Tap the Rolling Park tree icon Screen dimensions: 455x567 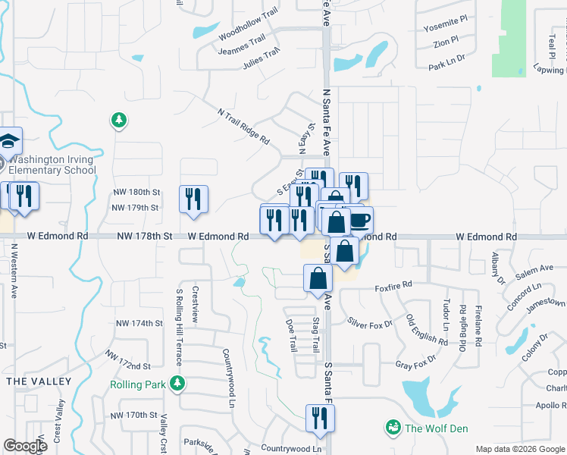click(178, 384)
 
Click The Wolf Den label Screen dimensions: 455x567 click(436, 428)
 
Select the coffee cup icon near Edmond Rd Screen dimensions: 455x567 click(360, 220)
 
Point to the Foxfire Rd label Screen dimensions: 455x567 click(393, 285)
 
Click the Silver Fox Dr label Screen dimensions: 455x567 click(370, 323)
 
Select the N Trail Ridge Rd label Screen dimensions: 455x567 click(243, 126)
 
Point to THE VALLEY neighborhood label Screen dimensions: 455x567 click(38, 381)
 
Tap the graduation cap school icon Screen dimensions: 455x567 click(9, 140)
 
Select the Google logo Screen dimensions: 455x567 click(25, 446)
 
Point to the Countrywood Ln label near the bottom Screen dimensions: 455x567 click(292, 449)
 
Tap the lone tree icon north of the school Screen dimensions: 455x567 click(118, 119)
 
